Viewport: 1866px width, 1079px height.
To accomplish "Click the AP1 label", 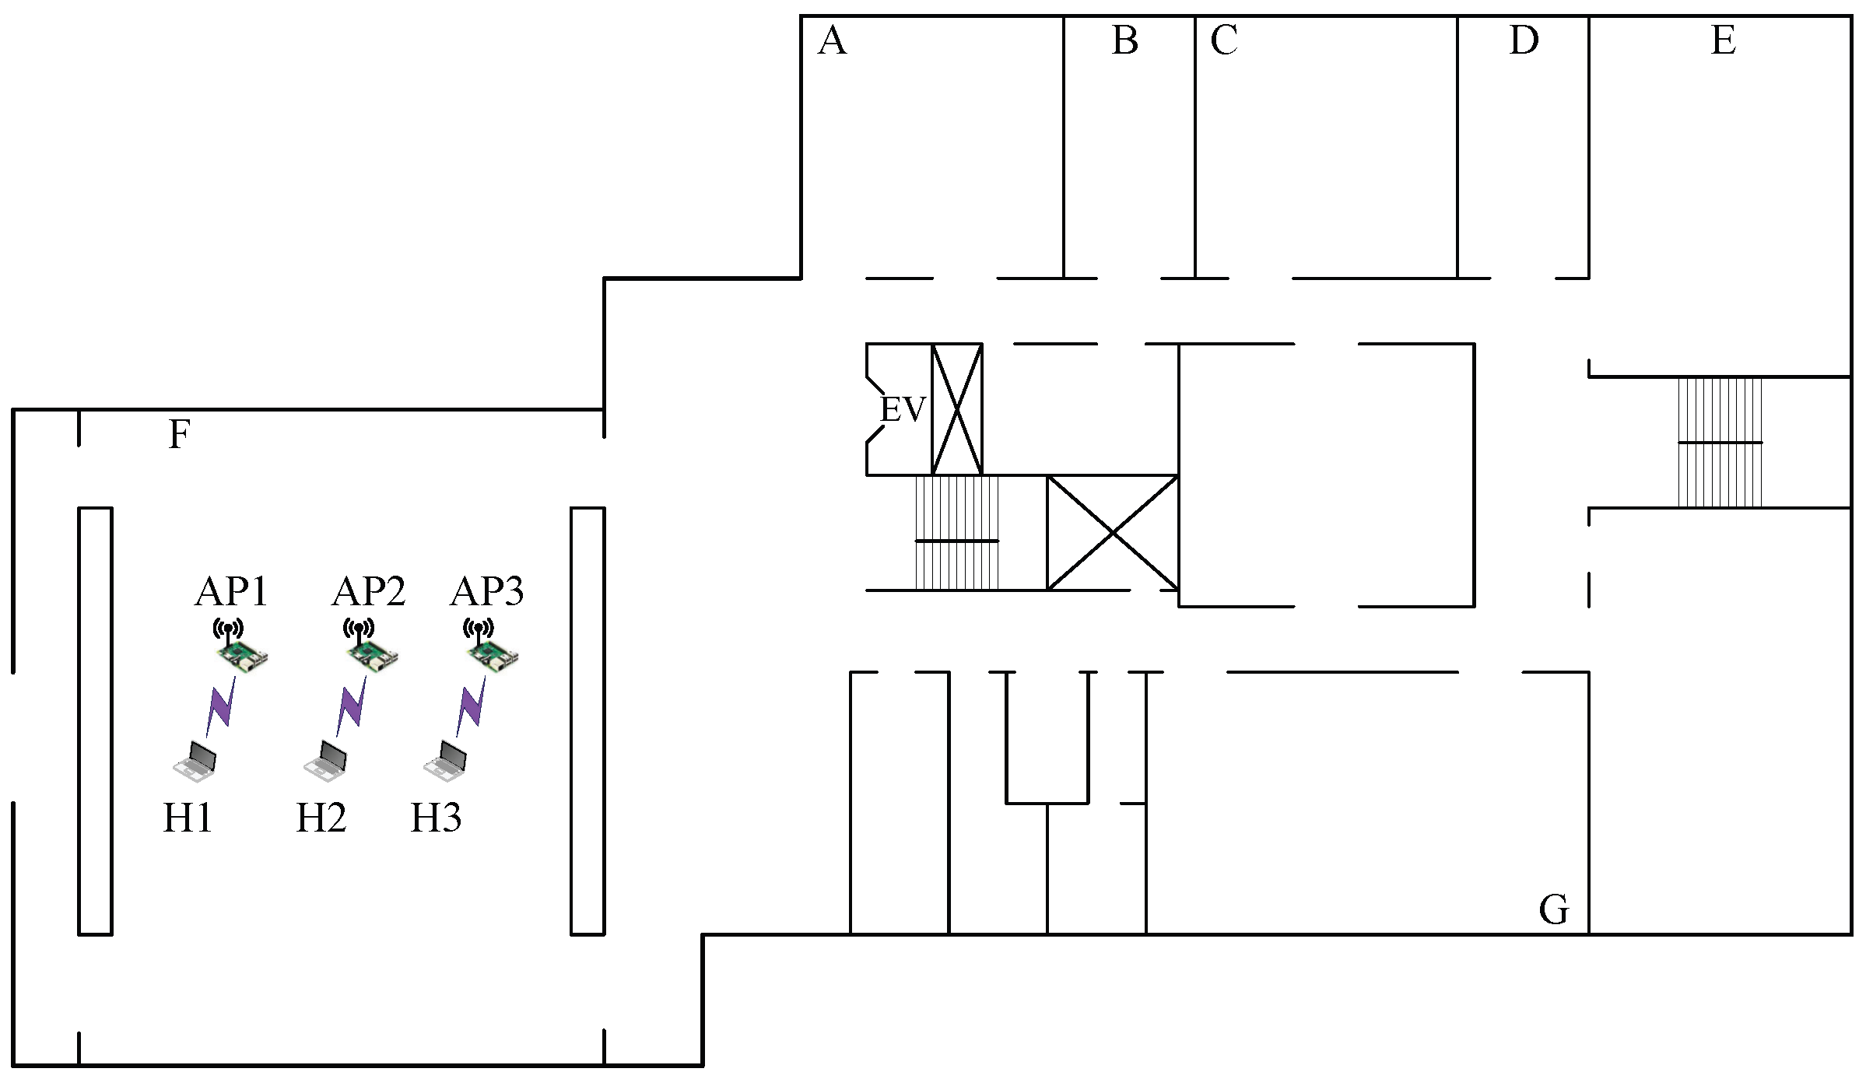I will pos(231,592).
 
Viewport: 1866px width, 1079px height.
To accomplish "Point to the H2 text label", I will pos(321,818).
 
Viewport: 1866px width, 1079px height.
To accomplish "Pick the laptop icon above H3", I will pos(446,760).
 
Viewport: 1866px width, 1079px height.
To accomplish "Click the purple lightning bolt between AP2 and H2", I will pos(351,706).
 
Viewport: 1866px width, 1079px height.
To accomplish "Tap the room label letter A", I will pos(832,40).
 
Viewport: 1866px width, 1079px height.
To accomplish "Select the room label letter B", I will pos(1125,40).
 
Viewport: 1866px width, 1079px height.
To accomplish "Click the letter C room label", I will pos(1223,40).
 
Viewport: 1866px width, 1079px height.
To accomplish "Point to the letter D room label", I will pos(1523,40).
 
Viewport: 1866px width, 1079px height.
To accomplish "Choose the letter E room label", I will pos(1723,40).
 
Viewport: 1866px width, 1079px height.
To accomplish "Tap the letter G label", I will pos(1554,909).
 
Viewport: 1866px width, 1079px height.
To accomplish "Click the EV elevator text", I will pos(903,409).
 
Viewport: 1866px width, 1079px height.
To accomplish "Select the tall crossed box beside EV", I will pos(957,409).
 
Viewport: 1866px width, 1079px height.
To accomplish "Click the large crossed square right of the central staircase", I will pos(1113,533).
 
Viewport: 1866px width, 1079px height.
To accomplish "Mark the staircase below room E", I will pos(1720,442).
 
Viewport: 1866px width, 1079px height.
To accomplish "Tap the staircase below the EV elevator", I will pos(956,534).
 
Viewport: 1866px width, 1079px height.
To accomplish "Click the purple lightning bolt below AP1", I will pos(221,706).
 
